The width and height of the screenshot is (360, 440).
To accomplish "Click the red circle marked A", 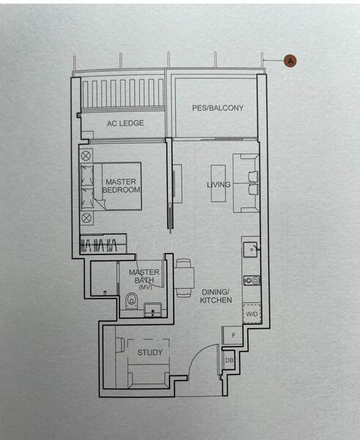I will [x=290, y=61].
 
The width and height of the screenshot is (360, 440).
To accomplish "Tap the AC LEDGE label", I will [x=125, y=123].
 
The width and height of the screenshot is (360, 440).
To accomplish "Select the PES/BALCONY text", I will [x=218, y=108].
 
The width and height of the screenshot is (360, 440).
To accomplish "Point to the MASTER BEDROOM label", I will [x=121, y=186].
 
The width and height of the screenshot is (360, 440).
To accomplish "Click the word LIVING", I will [x=218, y=185].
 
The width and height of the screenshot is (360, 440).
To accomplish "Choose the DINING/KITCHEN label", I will [x=216, y=296].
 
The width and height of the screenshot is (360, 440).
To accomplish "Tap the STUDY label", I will [x=150, y=353].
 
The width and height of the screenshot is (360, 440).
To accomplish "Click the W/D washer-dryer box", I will [x=251, y=314].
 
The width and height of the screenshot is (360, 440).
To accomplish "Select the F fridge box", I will [x=232, y=335].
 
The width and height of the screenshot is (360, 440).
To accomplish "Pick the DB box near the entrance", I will [x=229, y=360].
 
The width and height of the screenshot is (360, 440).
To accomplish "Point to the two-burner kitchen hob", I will [x=251, y=279].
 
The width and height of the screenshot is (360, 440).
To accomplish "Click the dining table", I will [x=184, y=278].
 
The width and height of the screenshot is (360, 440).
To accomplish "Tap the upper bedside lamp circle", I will [x=87, y=155].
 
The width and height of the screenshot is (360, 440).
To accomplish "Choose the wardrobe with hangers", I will [x=102, y=244].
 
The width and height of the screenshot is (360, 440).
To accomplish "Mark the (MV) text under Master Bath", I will [x=144, y=287].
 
